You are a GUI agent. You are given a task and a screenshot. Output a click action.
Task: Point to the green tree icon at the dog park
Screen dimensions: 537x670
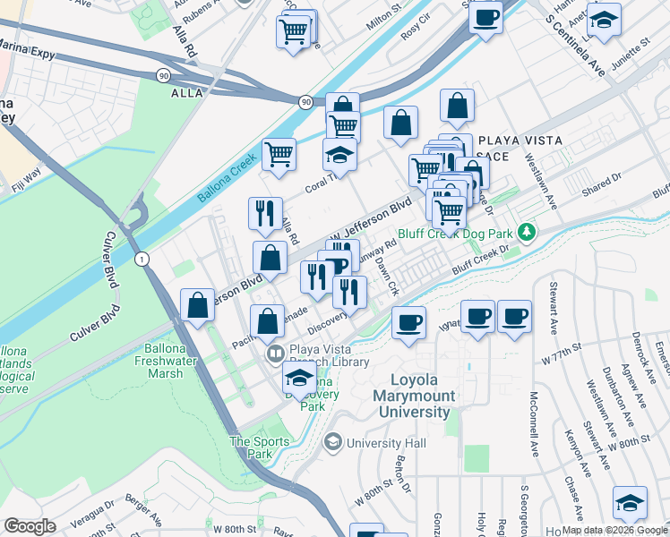click(528, 232)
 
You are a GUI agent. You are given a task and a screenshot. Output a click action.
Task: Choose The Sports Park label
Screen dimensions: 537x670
click(260, 447)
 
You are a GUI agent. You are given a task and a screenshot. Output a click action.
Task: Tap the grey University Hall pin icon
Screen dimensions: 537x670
click(333, 441)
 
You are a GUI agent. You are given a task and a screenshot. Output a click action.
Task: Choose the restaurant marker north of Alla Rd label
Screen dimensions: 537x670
click(264, 213)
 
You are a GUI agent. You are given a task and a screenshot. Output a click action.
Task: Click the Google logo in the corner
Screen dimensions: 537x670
click(30, 526)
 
